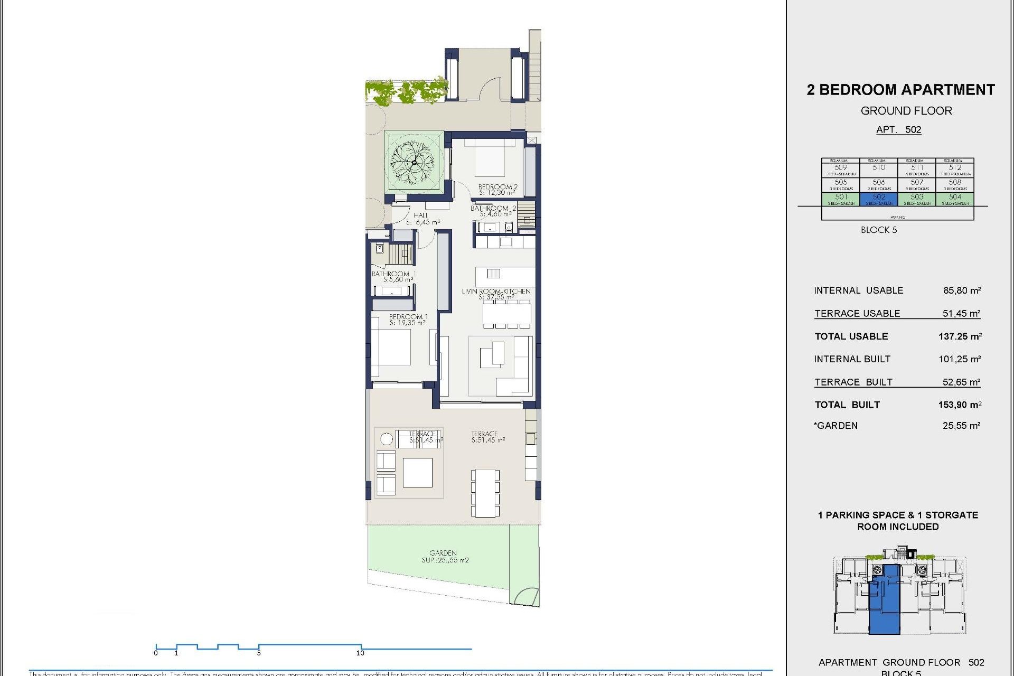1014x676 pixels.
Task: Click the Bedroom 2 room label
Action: [497, 190]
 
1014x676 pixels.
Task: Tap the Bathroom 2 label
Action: [493, 211]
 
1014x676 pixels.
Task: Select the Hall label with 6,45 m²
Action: [422, 219]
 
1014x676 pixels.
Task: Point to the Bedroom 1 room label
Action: [408, 320]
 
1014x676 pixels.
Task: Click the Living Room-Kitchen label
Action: [496, 294]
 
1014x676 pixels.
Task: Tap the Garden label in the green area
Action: [444, 556]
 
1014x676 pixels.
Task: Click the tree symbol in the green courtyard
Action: [414, 162]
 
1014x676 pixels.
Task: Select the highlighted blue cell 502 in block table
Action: [879, 199]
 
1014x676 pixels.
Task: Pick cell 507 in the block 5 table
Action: [917, 184]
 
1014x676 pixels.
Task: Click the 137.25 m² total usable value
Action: [960, 336]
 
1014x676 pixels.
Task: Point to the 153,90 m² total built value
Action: [959, 405]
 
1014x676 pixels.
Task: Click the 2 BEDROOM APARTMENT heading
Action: [900, 90]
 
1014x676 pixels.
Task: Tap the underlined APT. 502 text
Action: [898, 130]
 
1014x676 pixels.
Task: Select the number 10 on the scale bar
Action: [360, 653]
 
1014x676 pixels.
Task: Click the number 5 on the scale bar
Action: [259, 653]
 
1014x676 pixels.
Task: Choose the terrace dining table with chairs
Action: [485, 492]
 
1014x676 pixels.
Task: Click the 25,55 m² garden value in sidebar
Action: [961, 426]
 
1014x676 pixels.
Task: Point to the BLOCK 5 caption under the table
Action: [879, 230]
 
